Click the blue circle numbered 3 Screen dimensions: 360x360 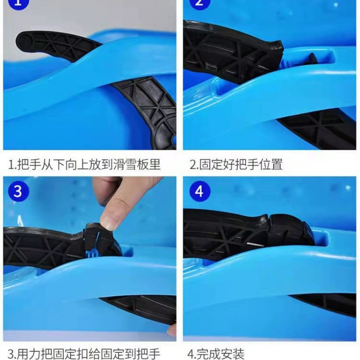pyautogui.click(x=18, y=191)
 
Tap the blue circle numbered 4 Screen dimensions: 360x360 pyautogui.click(x=200, y=191)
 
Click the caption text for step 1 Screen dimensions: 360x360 pyautogui.click(x=84, y=164)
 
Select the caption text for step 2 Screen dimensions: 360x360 pyautogui.click(x=236, y=164)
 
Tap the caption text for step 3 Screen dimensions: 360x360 pyautogui.click(x=84, y=354)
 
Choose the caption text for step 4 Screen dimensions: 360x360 pyautogui.click(x=216, y=354)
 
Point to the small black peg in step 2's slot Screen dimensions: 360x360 pyautogui.click(x=313, y=59)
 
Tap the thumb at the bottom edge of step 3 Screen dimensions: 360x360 pyautogui.click(x=172, y=331)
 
